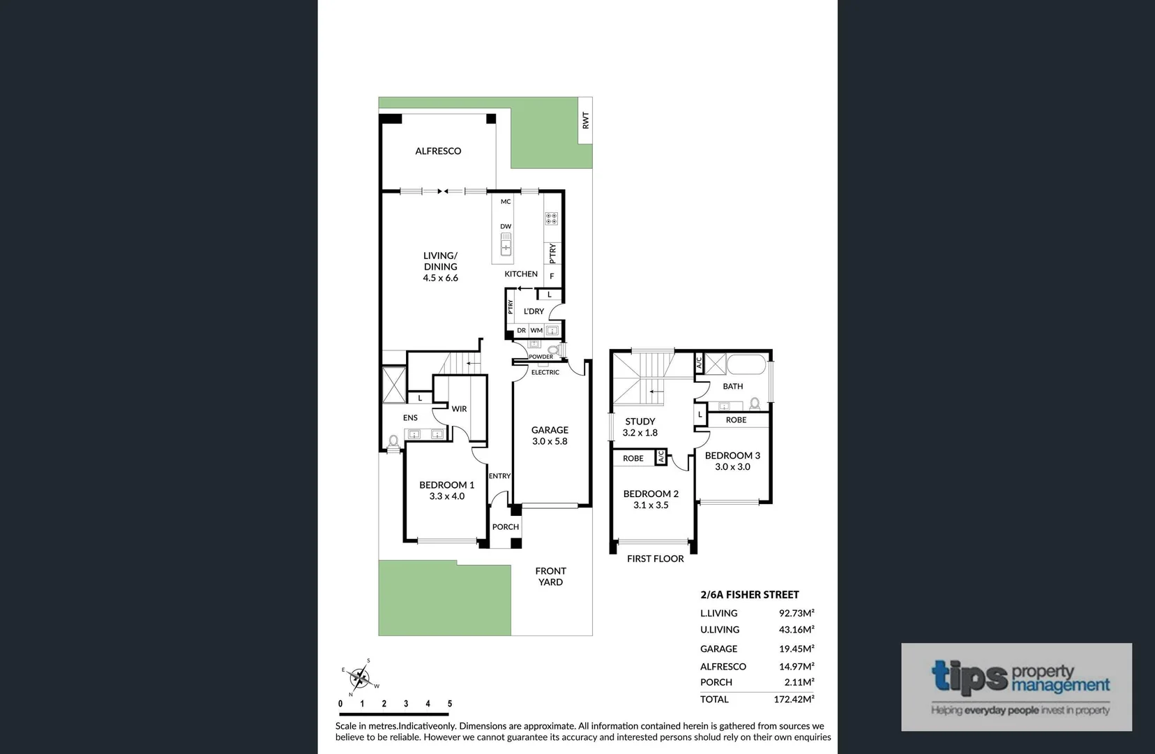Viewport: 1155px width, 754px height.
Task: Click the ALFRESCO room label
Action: click(438, 151)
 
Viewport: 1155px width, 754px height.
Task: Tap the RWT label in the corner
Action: click(585, 120)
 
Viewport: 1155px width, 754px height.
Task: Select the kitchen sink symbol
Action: click(506, 245)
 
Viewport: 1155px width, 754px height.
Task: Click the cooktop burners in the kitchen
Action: click(551, 219)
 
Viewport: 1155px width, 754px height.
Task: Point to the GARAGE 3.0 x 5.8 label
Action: click(550, 436)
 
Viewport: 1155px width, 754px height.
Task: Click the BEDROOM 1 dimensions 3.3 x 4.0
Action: click(446, 496)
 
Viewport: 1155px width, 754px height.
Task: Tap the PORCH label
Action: click(506, 527)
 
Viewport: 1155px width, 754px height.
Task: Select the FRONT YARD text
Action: click(550, 577)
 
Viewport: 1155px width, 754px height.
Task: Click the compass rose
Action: click(360, 676)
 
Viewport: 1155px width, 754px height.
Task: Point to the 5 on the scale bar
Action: click(450, 704)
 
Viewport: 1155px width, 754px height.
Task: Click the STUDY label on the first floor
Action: click(640, 422)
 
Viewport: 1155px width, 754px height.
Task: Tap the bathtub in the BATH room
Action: click(747, 364)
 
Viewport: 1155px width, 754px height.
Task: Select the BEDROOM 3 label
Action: click(732, 455)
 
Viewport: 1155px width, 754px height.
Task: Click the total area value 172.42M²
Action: click(794, 699)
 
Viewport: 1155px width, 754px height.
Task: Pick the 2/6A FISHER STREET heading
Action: click(749, 595)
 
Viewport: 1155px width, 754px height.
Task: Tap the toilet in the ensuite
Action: click(393, 442)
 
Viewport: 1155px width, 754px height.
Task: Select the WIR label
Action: click(459, 409)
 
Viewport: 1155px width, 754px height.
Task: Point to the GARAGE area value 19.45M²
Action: click(796, 649)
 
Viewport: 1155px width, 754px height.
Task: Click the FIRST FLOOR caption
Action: click(655, 559)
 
